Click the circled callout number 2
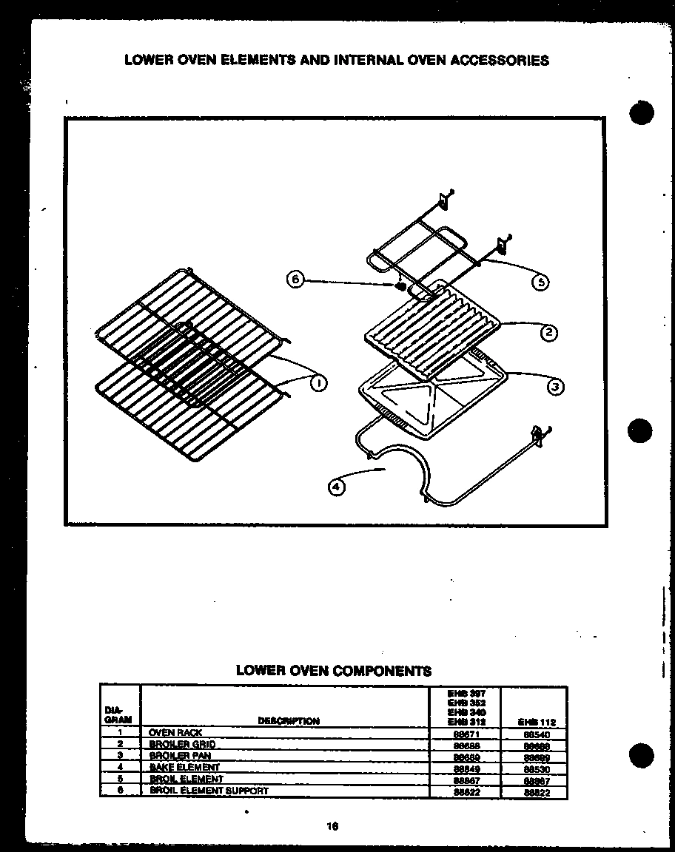coord(548,333)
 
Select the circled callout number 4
coord(336,487)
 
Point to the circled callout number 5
coord(541,282)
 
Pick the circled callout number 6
coord(295,280)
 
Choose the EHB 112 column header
coord(534,722)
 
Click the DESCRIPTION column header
coord(289,721)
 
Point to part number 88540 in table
coord(534,734)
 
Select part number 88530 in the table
coord(534,769)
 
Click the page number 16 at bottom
coord(333,827)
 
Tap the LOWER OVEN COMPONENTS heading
coord(333,671)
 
